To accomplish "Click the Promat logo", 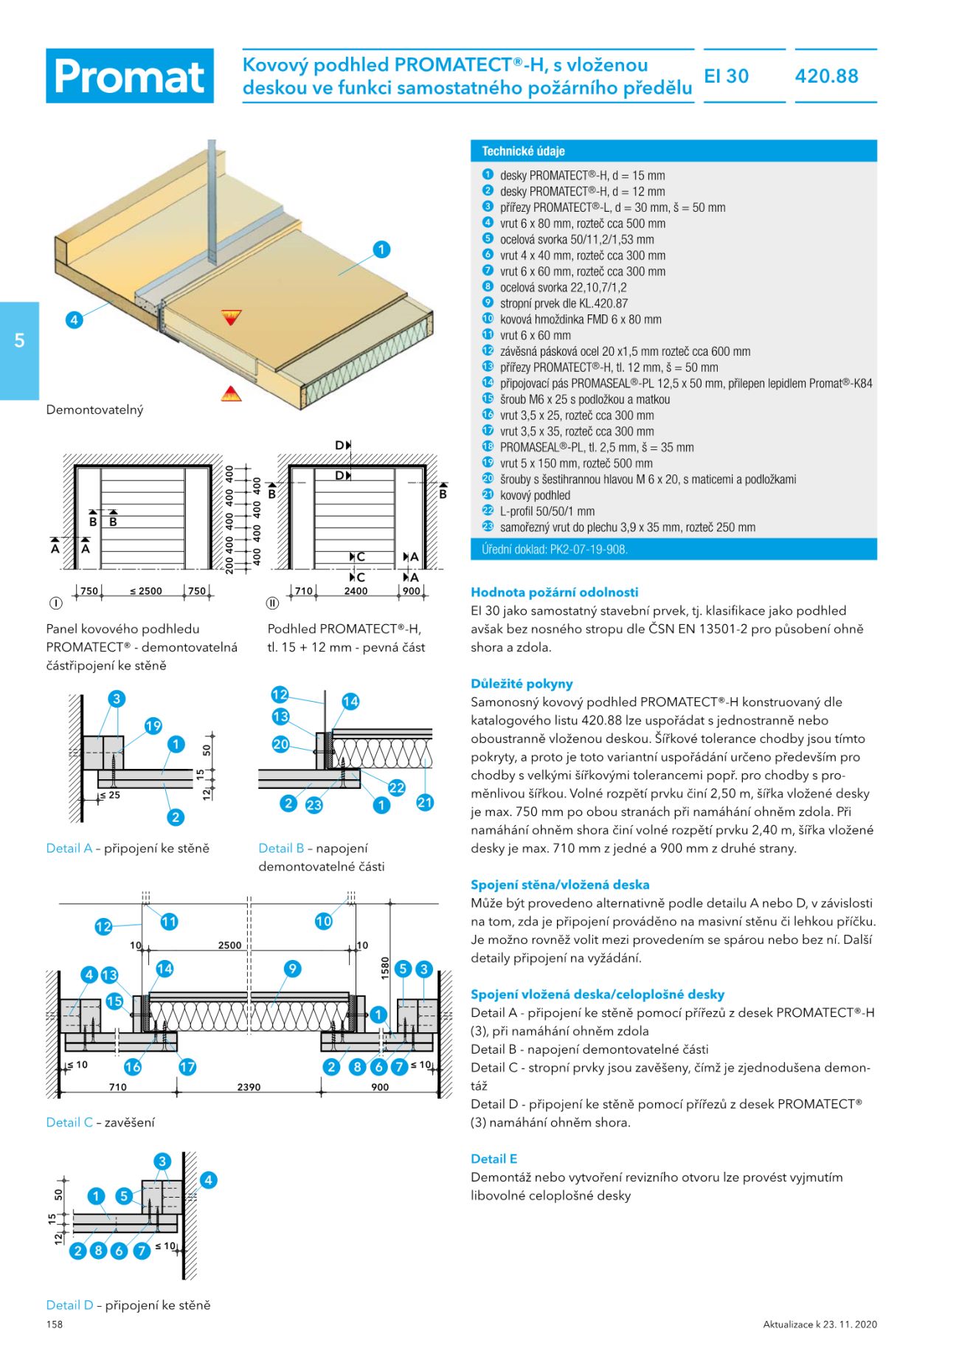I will pyautogui.click(x=130, y=76).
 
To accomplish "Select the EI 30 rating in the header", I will pyautogui.click(x=727, y=76).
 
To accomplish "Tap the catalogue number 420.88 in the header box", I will pyautogui.click(x=827, y=76).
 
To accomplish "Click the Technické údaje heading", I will pyautogui.click(x=523, y=151).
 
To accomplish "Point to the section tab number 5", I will pyautogui.click(x=19, y=340).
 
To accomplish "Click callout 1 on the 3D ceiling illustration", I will pyautogui.click(x=381, y=249).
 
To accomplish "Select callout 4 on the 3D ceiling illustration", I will pyautogui.click(x=74, y=320).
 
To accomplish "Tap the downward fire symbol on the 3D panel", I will pyautogui.click(x=232, y=317).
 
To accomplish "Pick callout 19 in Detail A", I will pyautogui.click(x=153, y=726).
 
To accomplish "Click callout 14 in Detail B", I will pyautogui.click(x=350, y=702).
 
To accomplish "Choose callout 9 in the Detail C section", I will pyautogui.click(x=293, y=969).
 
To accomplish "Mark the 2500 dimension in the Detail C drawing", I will pyautogui.click(x=229, y=945).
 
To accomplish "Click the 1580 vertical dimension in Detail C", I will pyautogui.click(x=384, y=968).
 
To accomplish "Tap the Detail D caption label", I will pyautogui.click(x=69, y=1305).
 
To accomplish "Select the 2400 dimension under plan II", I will pyautogui.click(x=356, y=591).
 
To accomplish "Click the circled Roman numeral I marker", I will pyautogui.click(x=55, y=603).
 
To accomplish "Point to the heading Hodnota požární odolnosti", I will pyautogui.click(x=554, y=592).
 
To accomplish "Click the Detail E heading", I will pyautogui.click(x=494, y=1159).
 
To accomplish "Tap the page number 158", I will pyautogui.click(x=55, y=1325).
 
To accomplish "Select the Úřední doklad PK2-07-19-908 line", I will pyautogui.click(x=554, y=549).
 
